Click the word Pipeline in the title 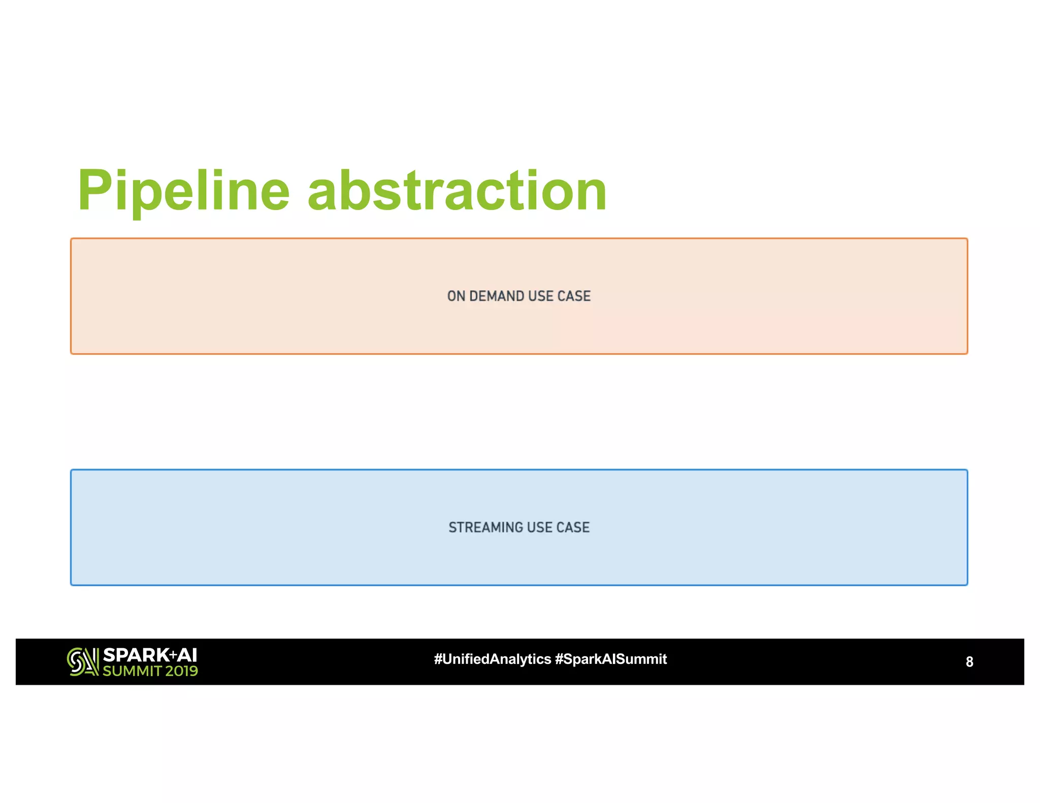pyautogui.click(x=183, y=191)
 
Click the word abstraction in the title pyautogui.click(x=457, y=191)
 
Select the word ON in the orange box pyautogui.click(x=456, y=296)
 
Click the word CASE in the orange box pyautogui.click(x=574, y=296)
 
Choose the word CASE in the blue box pyautogui.click(x=573, y=528)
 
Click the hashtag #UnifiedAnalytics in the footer pyautogui.click(x=493, y=659)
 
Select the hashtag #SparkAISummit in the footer pyautogui.click(x=611, y=659)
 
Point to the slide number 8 pyautogui.click(x=969, y=662)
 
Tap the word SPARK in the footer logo pyautogui.click(x=136, y=655)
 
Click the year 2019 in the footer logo pyautogui.click(x=181, y=671)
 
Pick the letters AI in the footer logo pyautogui.click(x=187, y=655)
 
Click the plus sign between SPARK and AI pyautogui.click(x=173, y=655)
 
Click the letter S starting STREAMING pyautogui.click(x=452, y=528)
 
